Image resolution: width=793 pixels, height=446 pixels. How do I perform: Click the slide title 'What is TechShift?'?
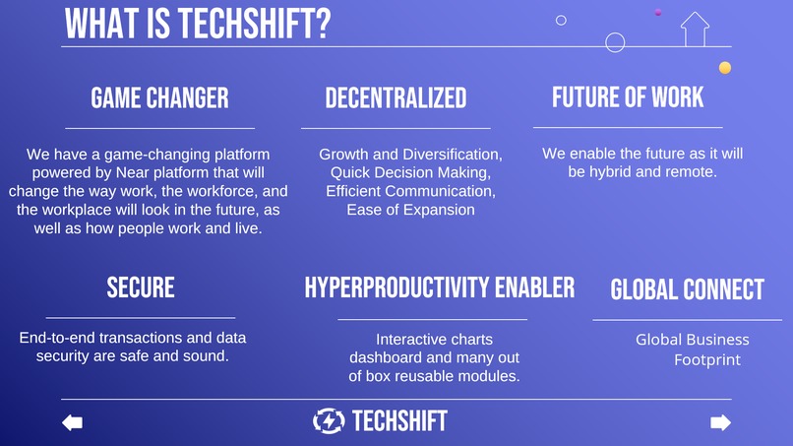(197, 24)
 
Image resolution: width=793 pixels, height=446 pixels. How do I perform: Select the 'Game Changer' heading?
(159, 97)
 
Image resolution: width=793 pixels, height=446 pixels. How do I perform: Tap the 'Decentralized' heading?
(396, 97)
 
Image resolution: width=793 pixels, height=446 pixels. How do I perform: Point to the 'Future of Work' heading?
(628, 96)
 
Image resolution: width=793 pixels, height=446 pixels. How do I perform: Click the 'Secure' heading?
(141, 287)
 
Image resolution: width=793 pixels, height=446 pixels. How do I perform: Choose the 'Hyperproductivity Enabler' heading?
(439, 287)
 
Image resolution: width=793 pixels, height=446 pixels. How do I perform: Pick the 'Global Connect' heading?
(687, 289)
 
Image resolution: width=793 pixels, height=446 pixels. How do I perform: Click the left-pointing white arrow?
(72, 422)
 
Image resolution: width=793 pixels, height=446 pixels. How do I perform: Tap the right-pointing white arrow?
(720, 422)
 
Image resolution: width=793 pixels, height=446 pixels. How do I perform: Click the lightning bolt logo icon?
(329, 421)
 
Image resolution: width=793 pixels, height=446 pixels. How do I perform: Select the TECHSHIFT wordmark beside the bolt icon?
(399, 421)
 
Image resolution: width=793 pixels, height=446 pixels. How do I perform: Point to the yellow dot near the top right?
(725, 68)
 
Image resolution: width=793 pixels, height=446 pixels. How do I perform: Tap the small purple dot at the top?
(657, 12)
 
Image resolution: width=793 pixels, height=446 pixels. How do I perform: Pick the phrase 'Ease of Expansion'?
(410, 210)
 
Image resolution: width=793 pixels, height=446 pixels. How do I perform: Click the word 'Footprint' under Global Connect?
(706, 360)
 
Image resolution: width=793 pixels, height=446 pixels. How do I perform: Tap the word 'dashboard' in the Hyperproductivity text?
(387, 357)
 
